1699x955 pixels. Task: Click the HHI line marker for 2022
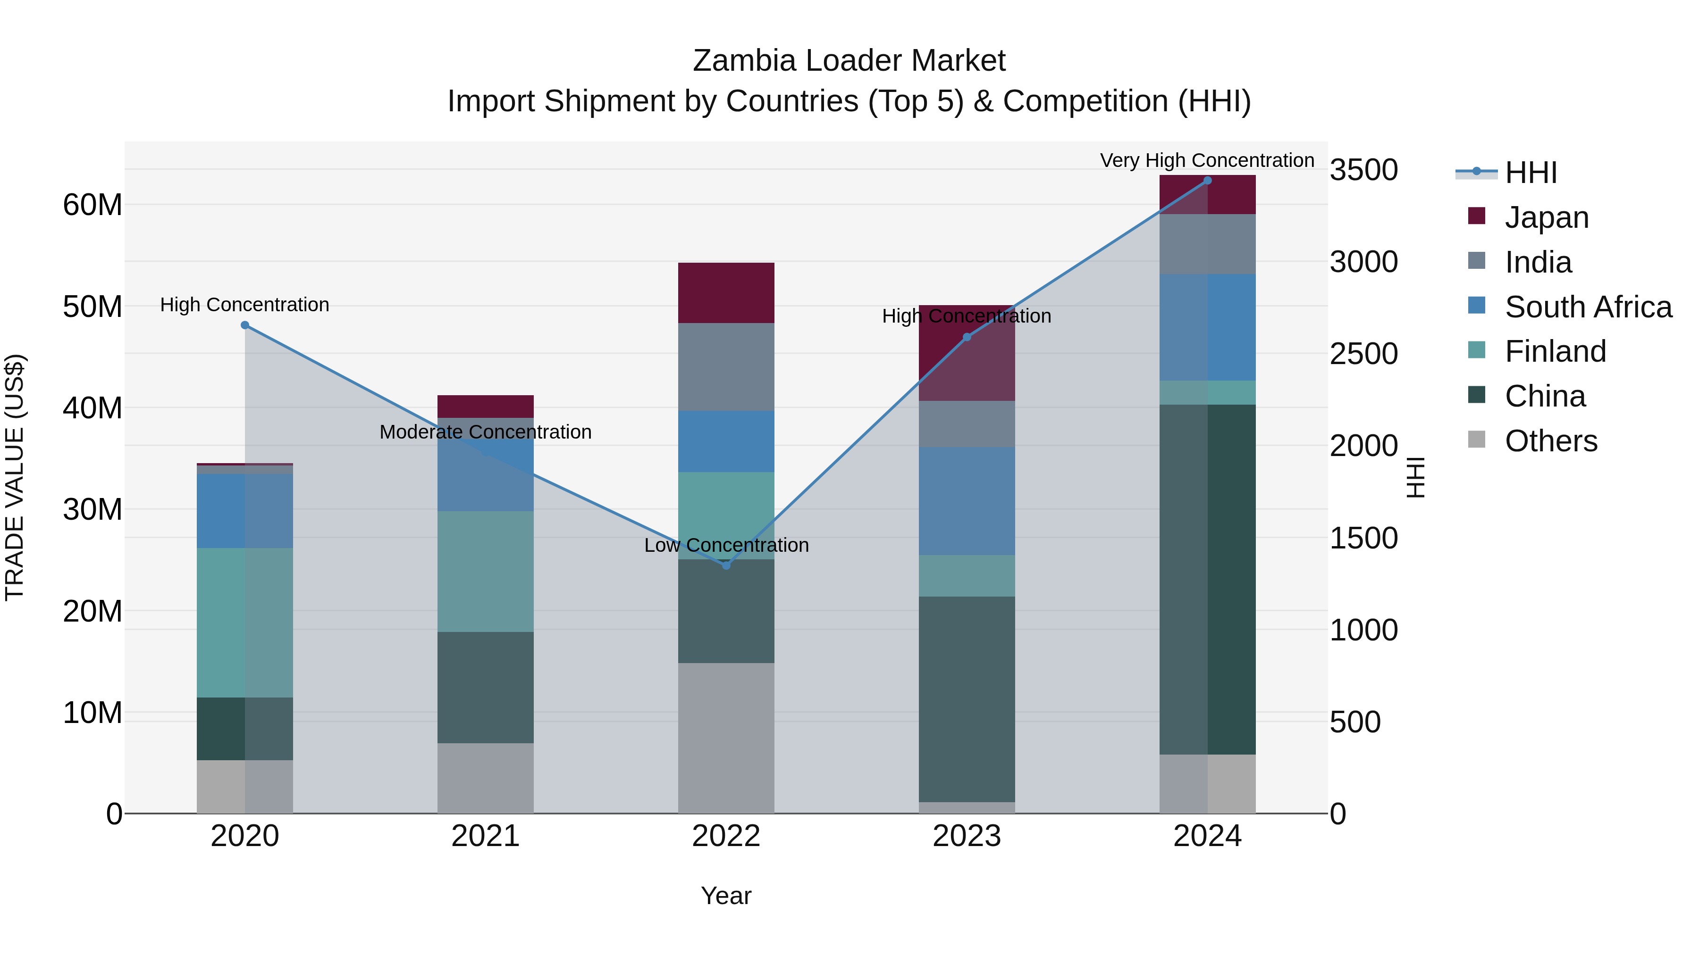tap(726, 565)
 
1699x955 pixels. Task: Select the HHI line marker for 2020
tap(244, 325)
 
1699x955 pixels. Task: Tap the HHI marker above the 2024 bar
tap(1207, 181)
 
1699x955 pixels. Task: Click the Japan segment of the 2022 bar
tap(726, 292)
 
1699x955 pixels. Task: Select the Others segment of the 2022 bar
tap(726, 738)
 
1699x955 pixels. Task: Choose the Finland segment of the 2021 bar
tap(486, 572)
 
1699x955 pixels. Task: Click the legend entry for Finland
tap(1555, 351)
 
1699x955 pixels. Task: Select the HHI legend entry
tap(1530, 173)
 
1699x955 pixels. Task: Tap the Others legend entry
tap(1550, 441)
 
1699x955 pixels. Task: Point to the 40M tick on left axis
tap(93, 408)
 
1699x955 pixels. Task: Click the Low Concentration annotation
tap(726, 545)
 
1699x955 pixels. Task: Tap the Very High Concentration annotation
tap(1206, 160)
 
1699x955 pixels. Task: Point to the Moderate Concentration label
tap(486, 432)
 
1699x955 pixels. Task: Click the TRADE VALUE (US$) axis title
tap(15, 477)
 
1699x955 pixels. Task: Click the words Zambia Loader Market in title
tap(849, 61)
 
